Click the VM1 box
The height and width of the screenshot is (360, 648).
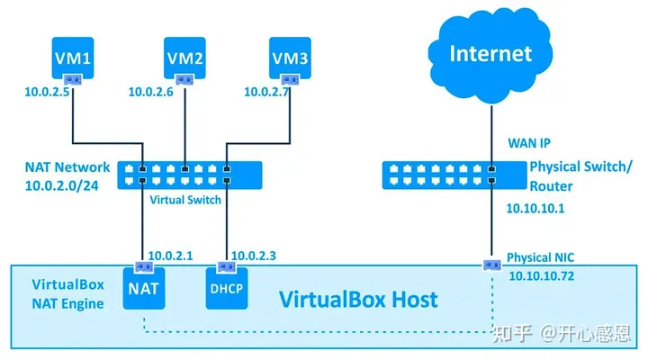coord(71,60)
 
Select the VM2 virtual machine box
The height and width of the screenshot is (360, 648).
coord(185,60)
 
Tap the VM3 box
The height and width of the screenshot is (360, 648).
coord(292,60)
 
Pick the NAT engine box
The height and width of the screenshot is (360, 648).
coord(143,289)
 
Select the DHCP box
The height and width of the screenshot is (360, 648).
coord(227,289)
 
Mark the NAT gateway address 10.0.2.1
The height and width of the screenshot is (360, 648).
coord(169,256)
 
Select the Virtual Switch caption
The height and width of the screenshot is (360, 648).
coord(185,200)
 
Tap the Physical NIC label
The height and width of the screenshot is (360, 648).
coord(541,257)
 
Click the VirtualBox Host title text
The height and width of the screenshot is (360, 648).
coord(357,300)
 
